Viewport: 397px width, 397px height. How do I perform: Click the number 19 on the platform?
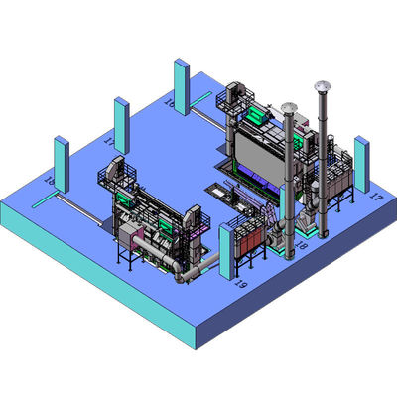tap(238, 284)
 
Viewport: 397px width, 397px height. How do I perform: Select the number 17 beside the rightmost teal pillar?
tap(375, 198)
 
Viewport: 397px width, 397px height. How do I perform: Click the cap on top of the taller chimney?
tap(321, 86)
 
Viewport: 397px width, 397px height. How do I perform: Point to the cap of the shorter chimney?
tap(288, 106)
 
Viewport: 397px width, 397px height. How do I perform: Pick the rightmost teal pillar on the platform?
tap(362, 164)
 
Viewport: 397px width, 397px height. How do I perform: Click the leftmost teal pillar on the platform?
tap(60, 164)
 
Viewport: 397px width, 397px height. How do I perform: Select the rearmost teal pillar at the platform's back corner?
tap(182, 87)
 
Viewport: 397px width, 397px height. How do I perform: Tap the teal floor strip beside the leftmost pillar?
tap(45, 201)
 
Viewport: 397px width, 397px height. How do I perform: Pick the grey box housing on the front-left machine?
tap(129, 232)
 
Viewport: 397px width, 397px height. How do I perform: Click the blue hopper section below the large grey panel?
tap(256, 179)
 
